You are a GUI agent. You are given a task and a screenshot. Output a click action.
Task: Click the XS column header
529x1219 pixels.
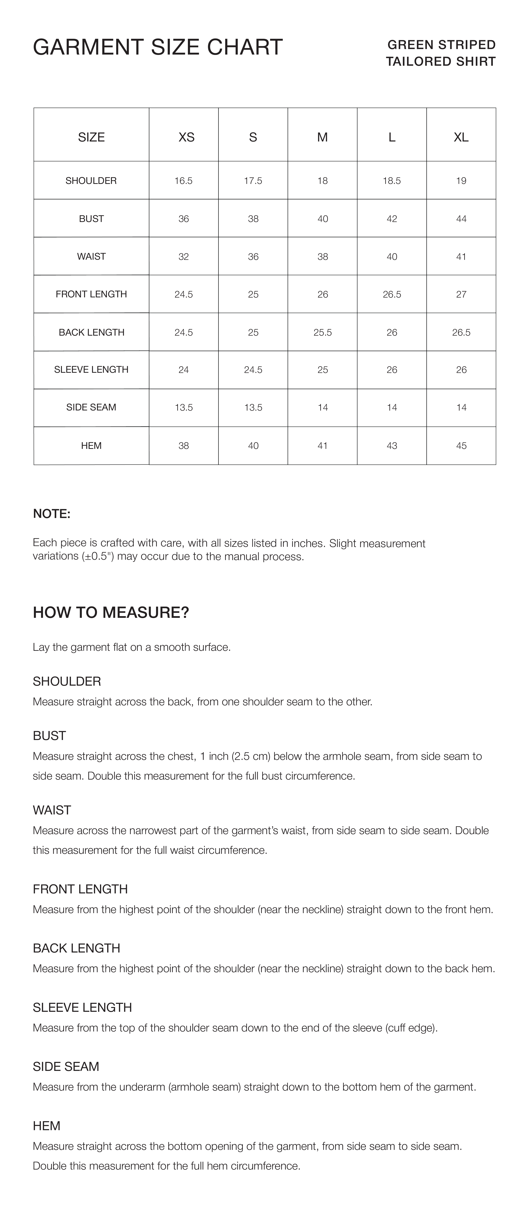[186, 137]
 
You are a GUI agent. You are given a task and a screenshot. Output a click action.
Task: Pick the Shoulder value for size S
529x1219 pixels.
[253, 181]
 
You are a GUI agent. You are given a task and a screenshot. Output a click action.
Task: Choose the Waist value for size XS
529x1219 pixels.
[184, 256]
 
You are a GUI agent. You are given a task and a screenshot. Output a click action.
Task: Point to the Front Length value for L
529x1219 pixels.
[392, 294]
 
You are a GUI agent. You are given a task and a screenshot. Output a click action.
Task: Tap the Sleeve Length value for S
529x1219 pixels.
[253, 370]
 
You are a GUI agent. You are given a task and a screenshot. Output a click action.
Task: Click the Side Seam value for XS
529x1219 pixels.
[184, 407]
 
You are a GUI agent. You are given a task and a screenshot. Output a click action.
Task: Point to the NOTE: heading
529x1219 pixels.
[52, 514]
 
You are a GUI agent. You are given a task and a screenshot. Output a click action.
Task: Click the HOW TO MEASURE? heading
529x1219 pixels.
[111, 612]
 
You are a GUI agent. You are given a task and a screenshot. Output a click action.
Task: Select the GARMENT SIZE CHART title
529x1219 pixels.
[158, 47]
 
